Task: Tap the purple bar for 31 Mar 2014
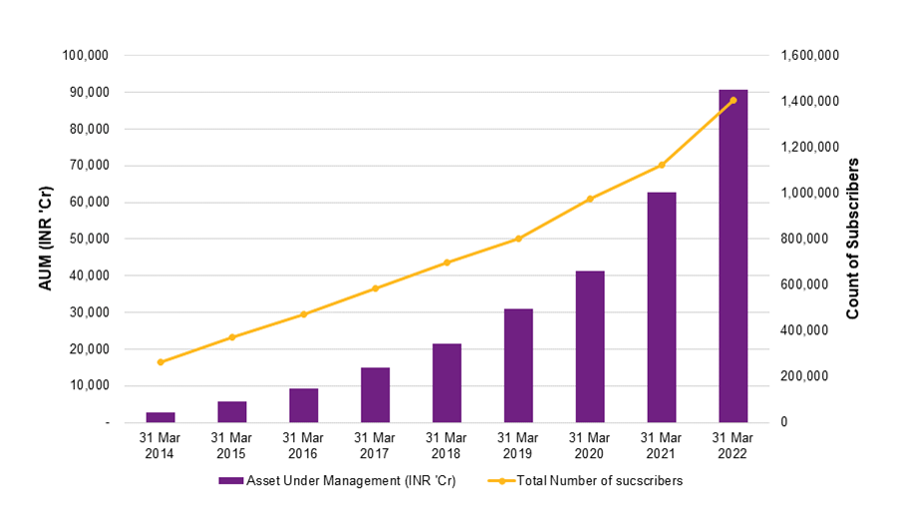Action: [x=160, y=417]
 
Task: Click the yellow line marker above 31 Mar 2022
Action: [x=733, y=100]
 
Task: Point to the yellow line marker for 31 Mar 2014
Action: [x=160, y=362]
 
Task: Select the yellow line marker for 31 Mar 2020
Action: [x=590, y=199]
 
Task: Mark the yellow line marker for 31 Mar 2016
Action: [x=304, y=314]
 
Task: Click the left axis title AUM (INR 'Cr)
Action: [x=46, y=239]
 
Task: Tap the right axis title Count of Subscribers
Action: [x=852, y=239]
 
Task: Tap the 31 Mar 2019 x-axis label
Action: [x=518, y=445]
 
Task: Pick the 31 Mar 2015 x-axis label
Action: [x=232, y=445]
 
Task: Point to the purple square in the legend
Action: [x=225, y=480]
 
